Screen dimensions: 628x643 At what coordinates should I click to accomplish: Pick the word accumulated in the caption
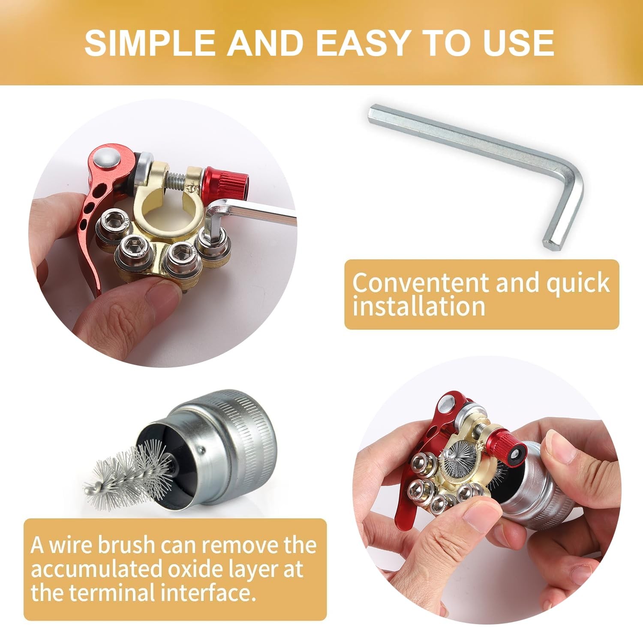coord(96,569)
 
